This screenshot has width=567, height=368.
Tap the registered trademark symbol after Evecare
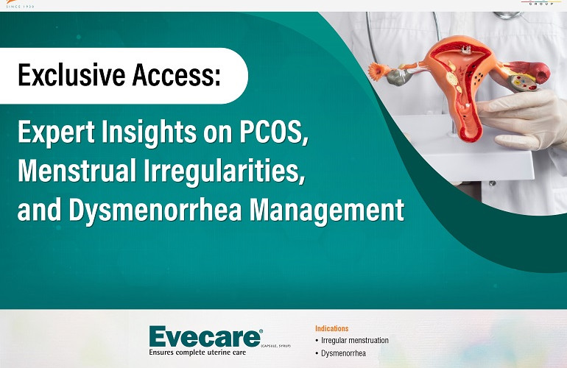pos(261,330)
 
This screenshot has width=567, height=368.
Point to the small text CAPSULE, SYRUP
pos(276,344)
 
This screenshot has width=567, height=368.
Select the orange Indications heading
pos(331,328)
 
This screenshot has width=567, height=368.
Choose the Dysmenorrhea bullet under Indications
pos(343,354)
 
